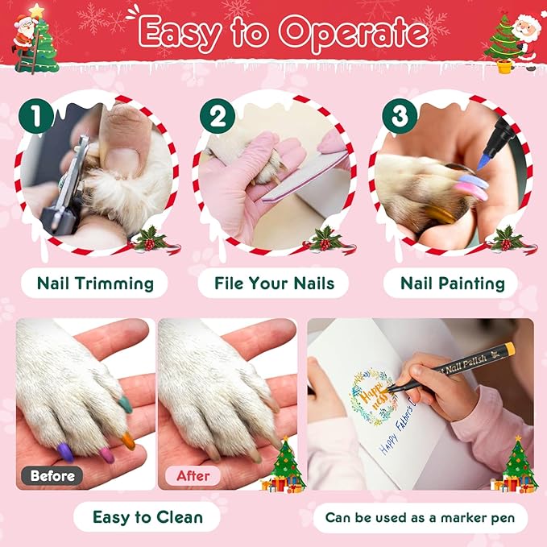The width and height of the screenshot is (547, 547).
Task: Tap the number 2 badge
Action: (216, 117)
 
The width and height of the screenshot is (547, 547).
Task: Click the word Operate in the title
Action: (347, 34)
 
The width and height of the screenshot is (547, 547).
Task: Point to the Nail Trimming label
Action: (95, 284)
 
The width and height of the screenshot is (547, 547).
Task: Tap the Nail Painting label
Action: (453, 284)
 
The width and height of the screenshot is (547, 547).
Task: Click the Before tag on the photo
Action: (52, 475)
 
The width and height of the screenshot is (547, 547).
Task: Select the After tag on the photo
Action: (193, 475)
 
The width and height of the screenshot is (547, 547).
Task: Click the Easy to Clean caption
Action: (147, 517)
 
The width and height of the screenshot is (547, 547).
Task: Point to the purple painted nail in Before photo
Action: (65, 454)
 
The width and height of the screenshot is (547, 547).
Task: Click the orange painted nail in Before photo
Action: (127, 440)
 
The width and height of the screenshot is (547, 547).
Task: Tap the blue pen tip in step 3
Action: (483, 160)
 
